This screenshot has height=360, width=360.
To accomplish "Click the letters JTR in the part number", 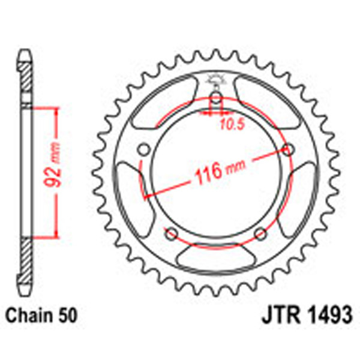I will tap(277, 314).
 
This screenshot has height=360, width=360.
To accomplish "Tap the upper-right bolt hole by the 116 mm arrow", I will tap(289, 150).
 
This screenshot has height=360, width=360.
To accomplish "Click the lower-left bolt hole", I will tap(171, 233).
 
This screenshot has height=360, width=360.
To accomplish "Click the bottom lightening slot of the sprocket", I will tap(216, 262).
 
